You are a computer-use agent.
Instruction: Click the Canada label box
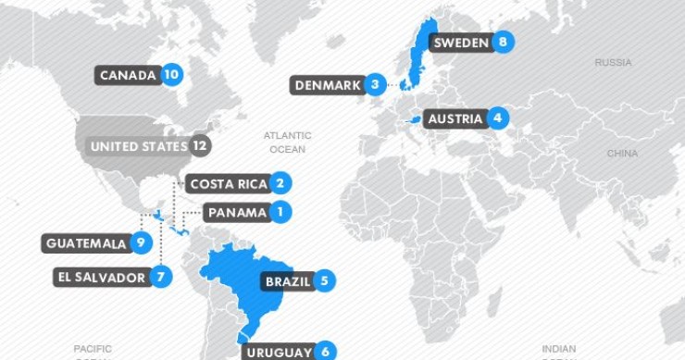[x=127, y=75]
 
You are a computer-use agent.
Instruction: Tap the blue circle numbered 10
[x=171, y=75]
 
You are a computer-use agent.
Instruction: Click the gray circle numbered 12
[x=199, y=146]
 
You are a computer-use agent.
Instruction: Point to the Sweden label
[x=460, y=42]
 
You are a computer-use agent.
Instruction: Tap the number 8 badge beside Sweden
[x=503, y=42]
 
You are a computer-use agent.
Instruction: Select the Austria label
[x=455, y=118]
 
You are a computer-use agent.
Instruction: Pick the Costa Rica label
[x=228, y=184]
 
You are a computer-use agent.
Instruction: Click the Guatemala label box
[x=84, y=243]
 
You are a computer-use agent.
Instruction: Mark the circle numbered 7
[x=162, y=277]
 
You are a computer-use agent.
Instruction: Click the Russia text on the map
[x=613, y=63]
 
